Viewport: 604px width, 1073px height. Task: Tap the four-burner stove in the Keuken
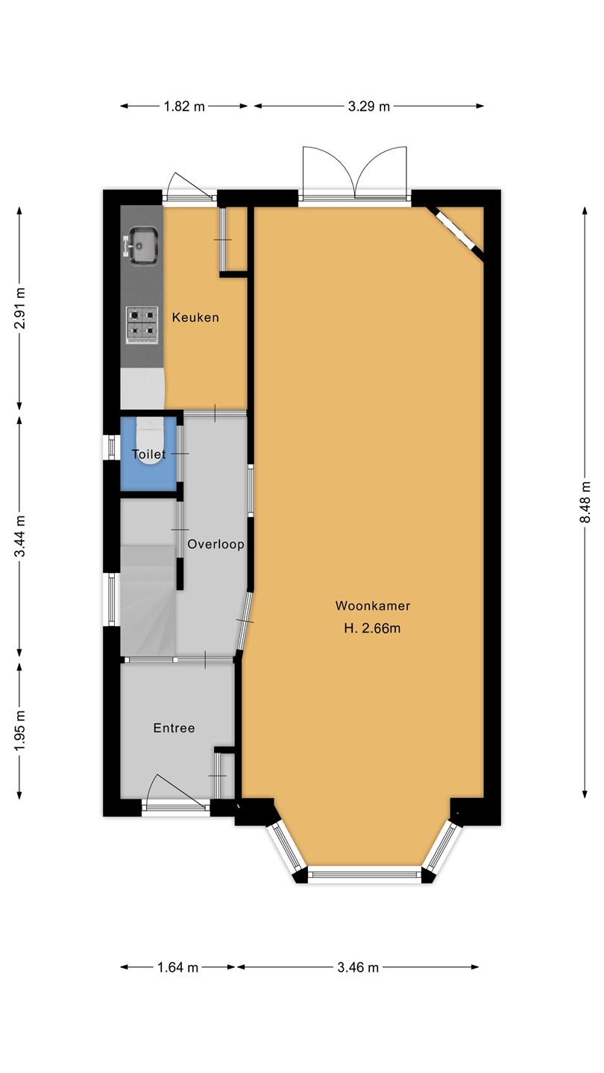point(142,325)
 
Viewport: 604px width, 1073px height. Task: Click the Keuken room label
point(195,317)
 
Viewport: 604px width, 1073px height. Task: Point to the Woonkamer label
point(373,606)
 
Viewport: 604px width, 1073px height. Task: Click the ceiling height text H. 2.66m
point(373,628)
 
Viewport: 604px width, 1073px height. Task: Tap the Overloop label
point(216,544)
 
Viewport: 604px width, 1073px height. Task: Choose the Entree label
point(174,728)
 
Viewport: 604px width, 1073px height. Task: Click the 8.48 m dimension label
point(585,502)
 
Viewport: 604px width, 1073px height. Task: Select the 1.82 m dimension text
point(184,107)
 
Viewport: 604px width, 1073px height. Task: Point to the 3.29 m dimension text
point(368,107)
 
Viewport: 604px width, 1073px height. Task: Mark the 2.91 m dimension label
point(19,308)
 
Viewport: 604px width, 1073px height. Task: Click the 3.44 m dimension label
point(19,536)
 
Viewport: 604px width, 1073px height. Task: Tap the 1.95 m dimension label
point(19,732)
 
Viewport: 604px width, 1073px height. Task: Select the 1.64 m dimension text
point(177,967)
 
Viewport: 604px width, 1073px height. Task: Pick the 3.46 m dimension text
point(358,967)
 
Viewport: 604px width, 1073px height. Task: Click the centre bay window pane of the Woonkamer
point(365,875)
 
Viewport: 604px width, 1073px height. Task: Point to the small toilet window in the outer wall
point(112,446)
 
